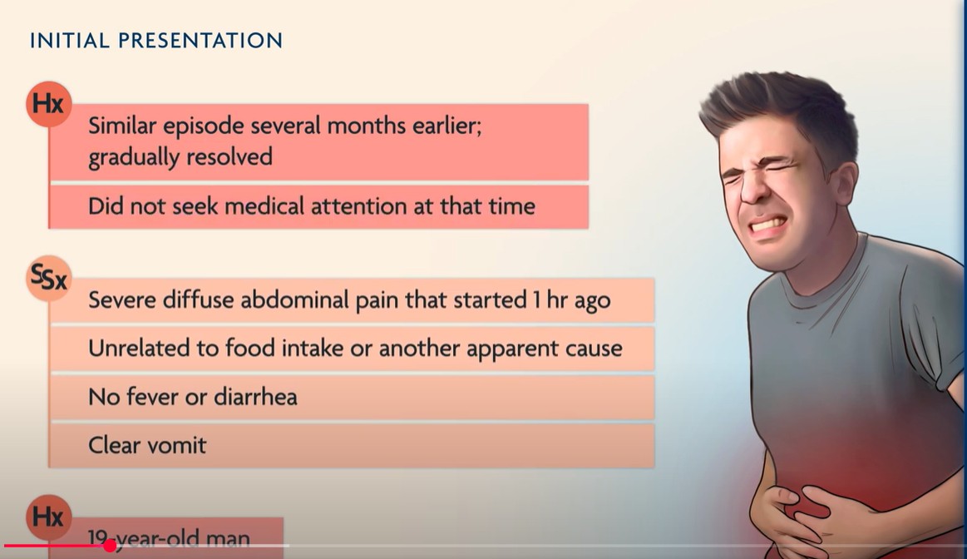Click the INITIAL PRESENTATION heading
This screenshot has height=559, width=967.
pyautogui.click(x=156, y=41)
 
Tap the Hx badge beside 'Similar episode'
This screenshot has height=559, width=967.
pyautogui.click(x=49, y=104)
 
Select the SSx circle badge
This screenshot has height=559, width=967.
pyautogui.click(x=49, y=279)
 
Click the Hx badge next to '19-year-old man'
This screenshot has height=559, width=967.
pyautogui.click(x=49, y=517)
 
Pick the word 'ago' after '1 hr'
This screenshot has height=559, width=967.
pyautogui.click(x=592, y=302)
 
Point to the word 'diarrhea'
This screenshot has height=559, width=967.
pyautogui.click(x=255, y=397)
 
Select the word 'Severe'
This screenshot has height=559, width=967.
pyautogui.click(x=121, y=299)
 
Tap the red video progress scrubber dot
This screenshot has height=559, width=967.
pyautogui.click(x=110, y=546)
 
